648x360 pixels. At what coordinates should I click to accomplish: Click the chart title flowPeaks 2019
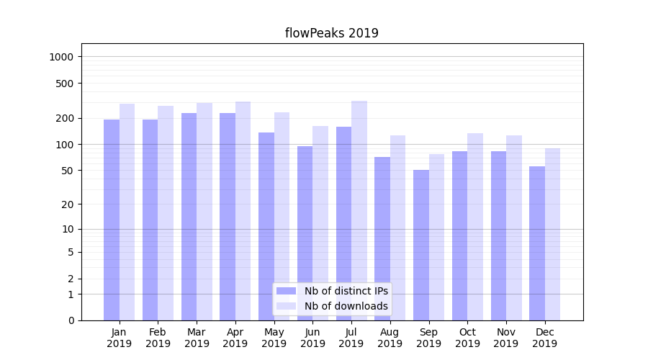(331, 33)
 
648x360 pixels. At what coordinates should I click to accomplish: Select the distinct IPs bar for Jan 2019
(112, 220)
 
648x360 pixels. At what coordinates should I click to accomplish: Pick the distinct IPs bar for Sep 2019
(421, 245)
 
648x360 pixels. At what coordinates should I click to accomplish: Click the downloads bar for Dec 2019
(552, 234)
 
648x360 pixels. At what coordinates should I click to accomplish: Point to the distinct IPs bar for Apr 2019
(228, 216)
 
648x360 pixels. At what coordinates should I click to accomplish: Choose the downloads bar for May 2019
(282, 216)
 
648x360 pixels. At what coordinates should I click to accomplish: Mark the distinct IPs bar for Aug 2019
(382, 238)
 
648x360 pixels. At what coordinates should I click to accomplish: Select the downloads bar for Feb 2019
(166, 213)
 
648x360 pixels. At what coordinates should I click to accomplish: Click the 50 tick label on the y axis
(66, 171)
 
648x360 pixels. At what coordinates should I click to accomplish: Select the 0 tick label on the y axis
(71, 320)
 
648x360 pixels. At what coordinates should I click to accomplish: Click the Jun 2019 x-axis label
(312, 338)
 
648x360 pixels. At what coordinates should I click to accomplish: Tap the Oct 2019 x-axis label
(467, 338)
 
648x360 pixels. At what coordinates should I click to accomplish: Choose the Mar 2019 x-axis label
(197, 338)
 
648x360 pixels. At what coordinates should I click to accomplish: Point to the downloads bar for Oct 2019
(475, 227)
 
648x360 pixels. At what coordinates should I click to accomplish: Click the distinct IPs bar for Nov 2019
(498, 235)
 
